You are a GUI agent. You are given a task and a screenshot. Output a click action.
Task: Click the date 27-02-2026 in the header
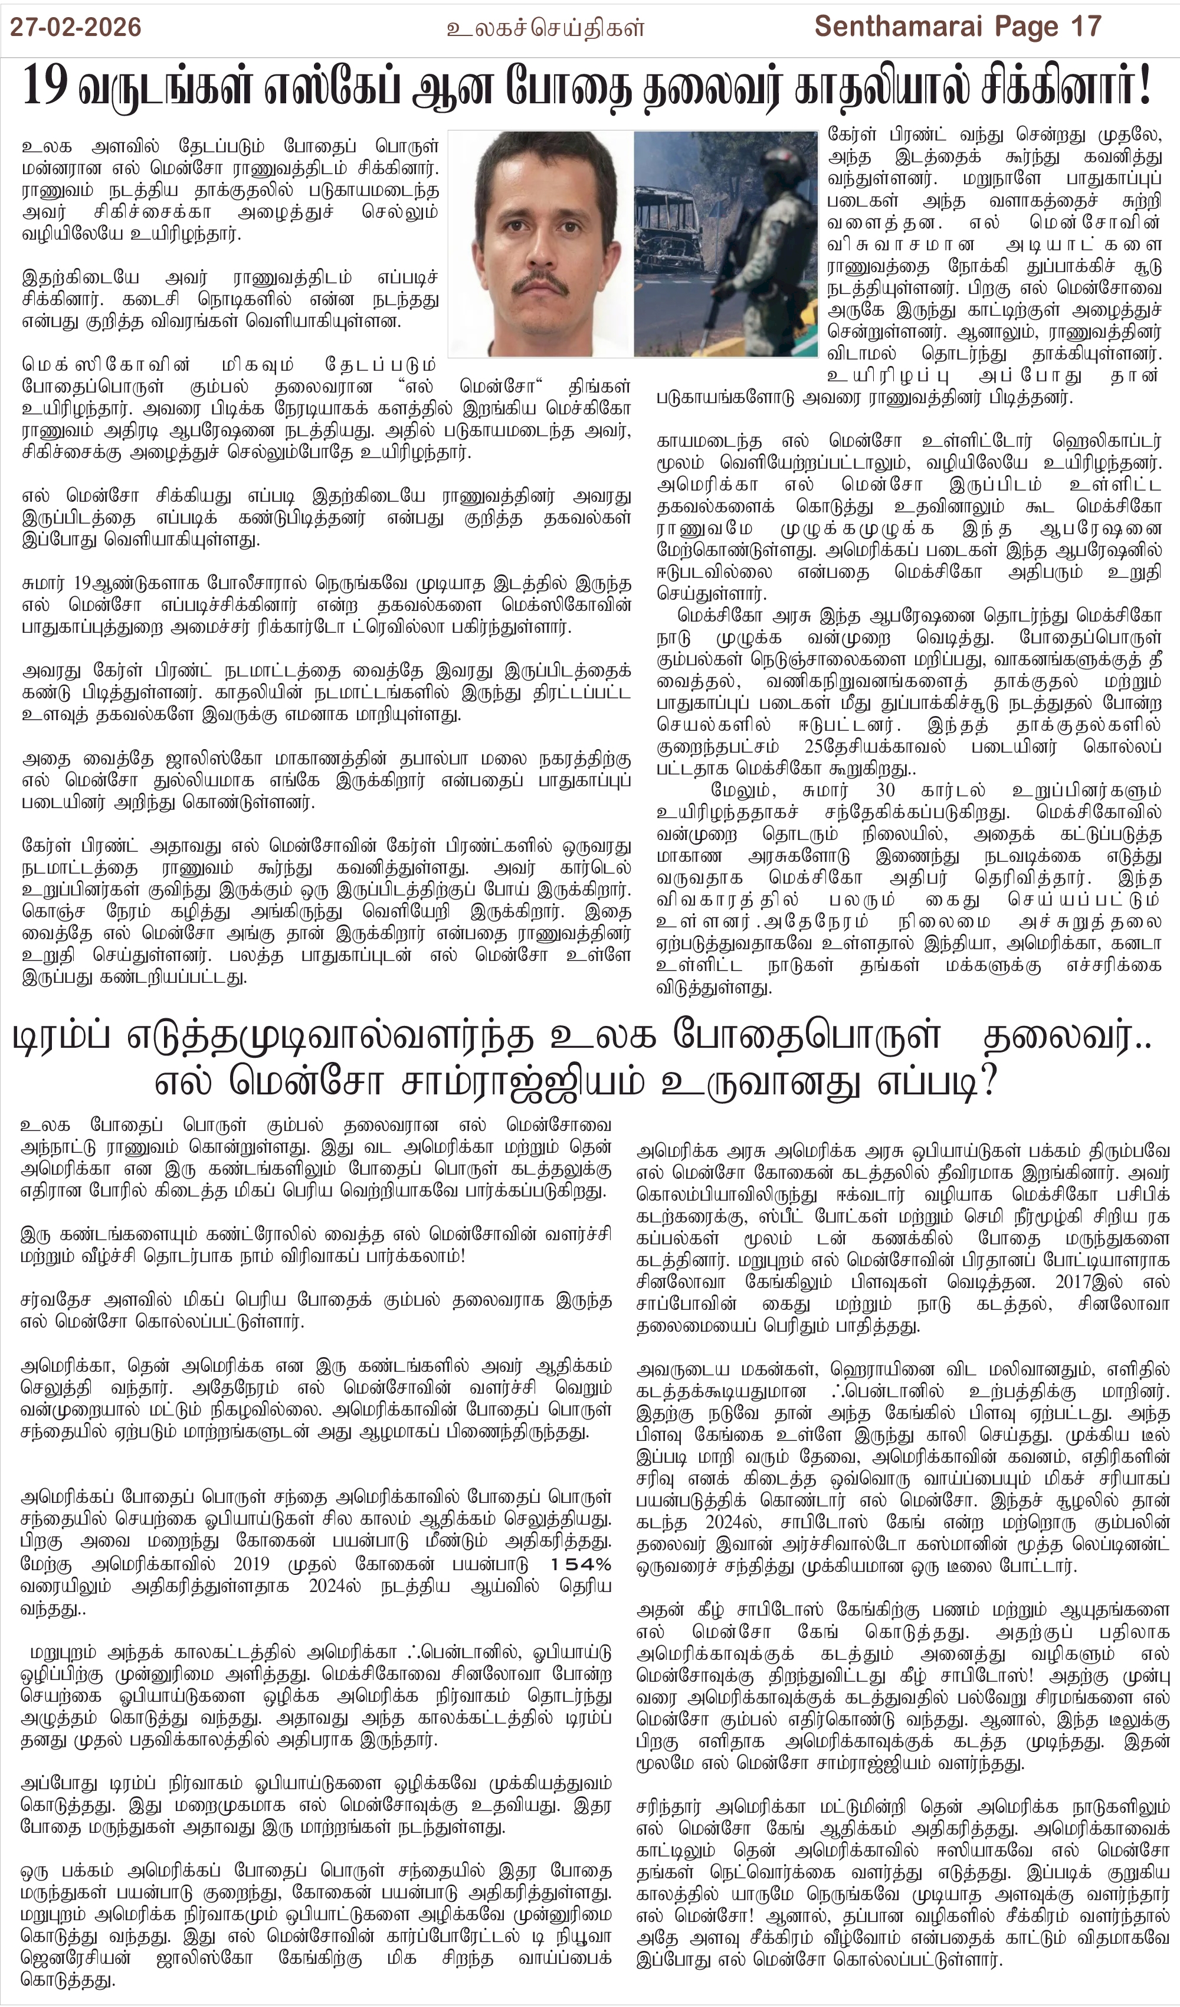tap(76, 27)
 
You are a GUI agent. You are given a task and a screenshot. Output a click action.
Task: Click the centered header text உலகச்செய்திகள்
tap(545, 29)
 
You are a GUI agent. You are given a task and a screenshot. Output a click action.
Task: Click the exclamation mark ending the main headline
tap(1145, 86)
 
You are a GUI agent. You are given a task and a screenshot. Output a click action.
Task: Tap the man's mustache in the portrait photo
tap(542, 285)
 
